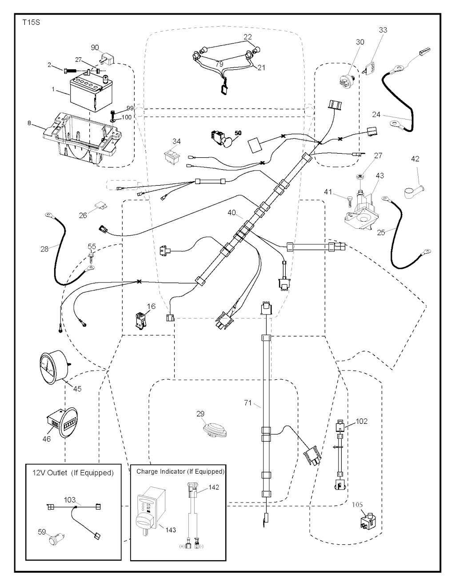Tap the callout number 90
coord(95,48)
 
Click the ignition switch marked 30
coord(348,69)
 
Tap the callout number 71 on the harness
coord(248,403)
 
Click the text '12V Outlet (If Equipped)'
coord(73,473)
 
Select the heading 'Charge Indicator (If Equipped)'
coord(180,471)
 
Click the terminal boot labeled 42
coord(413,190)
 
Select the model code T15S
coord(31,22)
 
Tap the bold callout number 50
coord(238,132)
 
